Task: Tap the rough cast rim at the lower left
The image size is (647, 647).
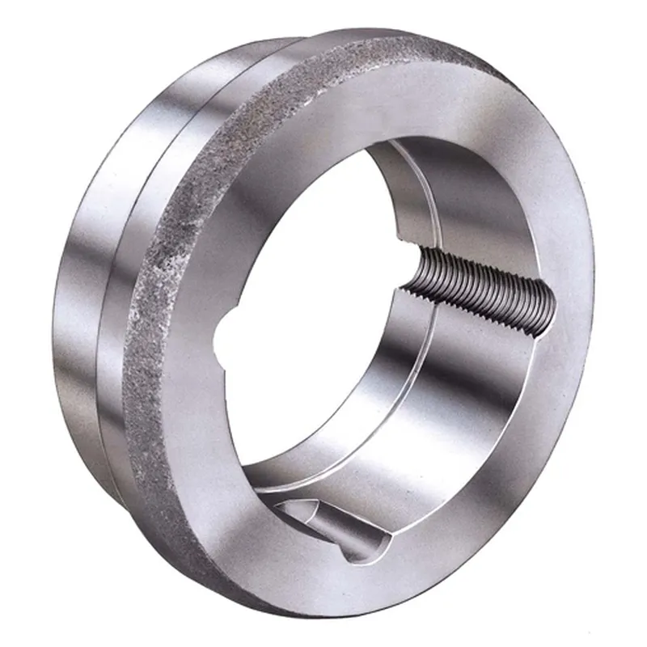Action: point(150,453)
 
